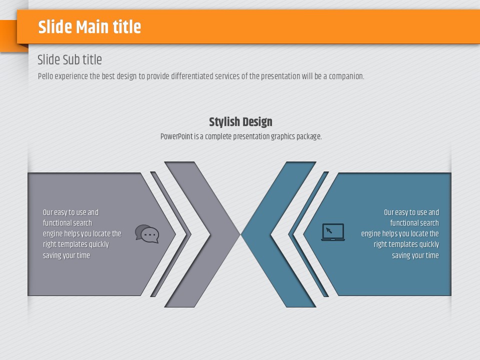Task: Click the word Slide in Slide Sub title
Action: click(x=48, y=59)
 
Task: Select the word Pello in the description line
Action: click(x=45, y=76)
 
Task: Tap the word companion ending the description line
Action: click(x=346, y=76)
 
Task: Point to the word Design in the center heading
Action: click(x=257, y=122)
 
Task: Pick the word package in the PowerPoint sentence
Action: click(x=309, y=136)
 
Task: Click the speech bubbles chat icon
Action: click(x=147, y=234)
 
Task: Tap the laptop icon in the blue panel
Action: click(x=333, y=232)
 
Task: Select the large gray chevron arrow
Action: click(x=202, y=234)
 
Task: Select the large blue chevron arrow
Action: click(x=278, y=234)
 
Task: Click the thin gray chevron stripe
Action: click(x=170, y=234)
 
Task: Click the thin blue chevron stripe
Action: click(x=308, y=234)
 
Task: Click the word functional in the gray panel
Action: click(x=57, y=223)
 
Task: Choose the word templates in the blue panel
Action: click(x=402, y=244)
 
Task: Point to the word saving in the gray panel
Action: click(x=51, y=255)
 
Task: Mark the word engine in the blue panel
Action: click(x=370, y=234)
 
